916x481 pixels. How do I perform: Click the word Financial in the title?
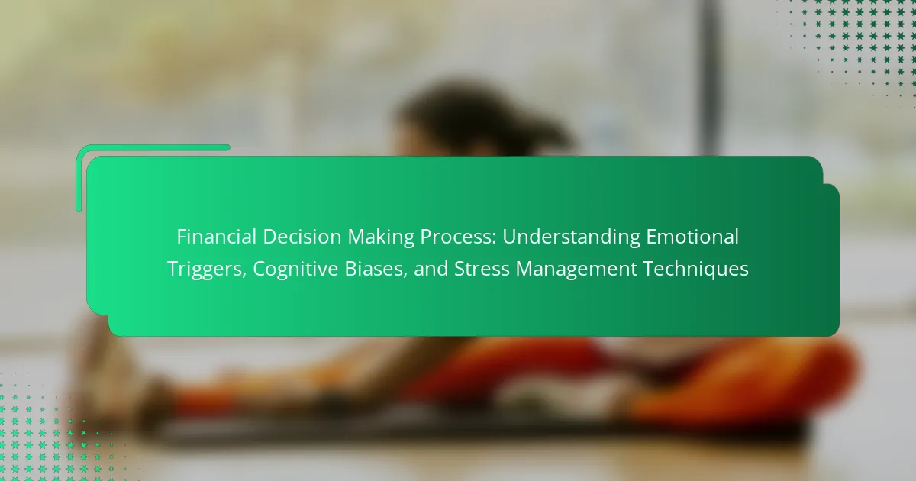coord(216,237)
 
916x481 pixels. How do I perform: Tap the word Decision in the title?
coord(302,237)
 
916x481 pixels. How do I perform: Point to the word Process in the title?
coord(456,237)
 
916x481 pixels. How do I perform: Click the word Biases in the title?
coord(373,269)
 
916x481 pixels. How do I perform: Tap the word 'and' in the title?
coord(431,269)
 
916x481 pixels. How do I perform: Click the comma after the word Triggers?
coord(244,276)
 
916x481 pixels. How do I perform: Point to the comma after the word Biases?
coord(405,276)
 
